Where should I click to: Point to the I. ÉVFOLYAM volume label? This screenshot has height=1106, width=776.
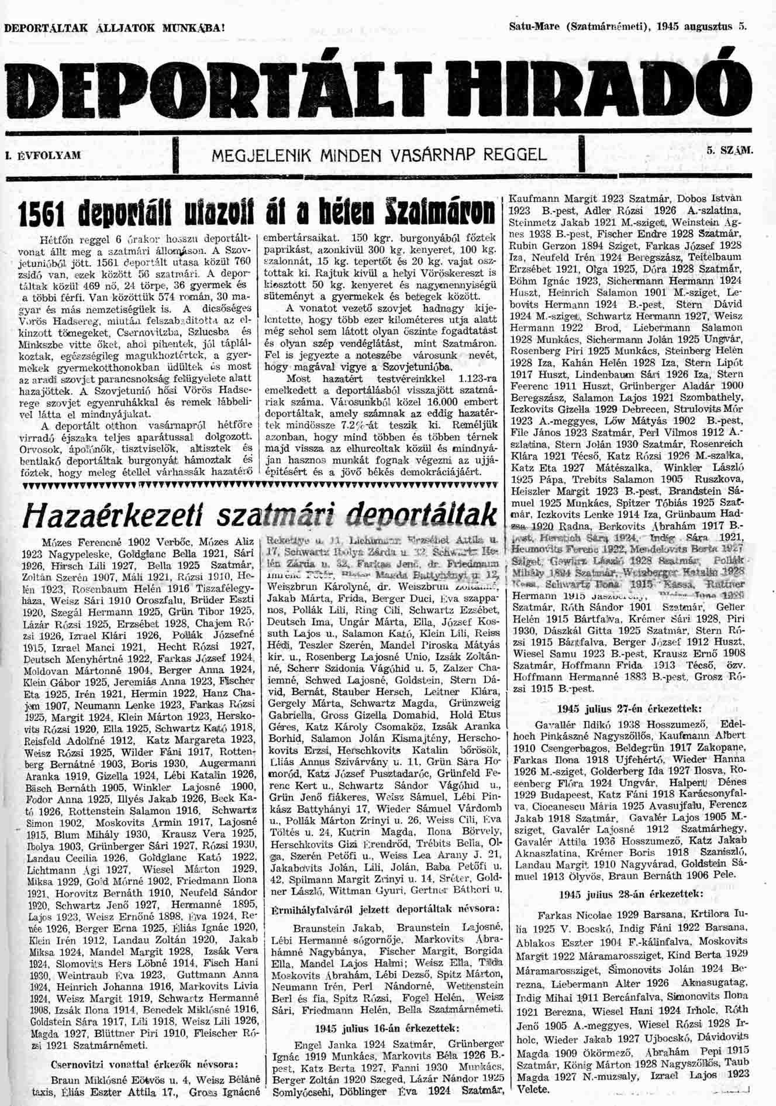click(42, 156)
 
